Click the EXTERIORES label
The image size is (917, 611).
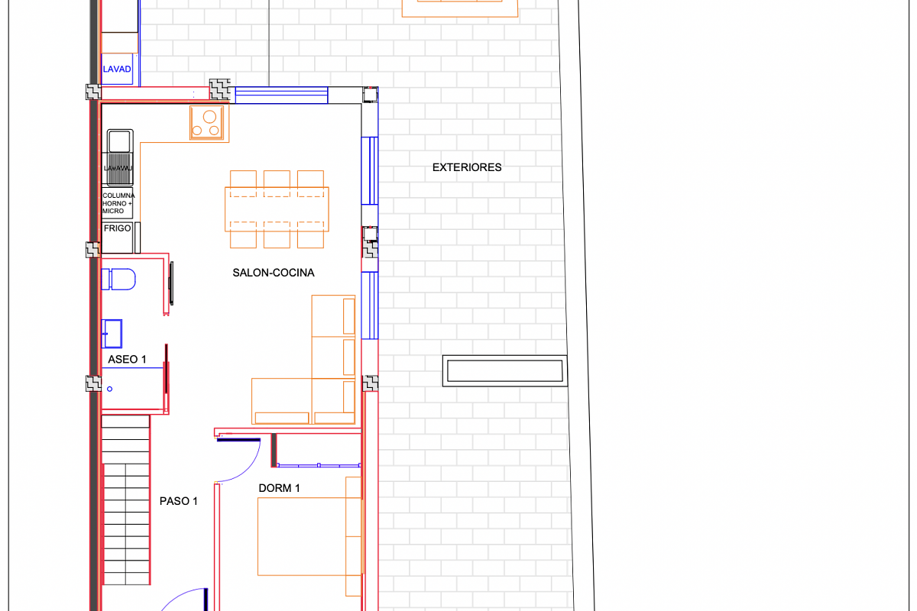point(467,167)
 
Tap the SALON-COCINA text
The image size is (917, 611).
point(274,273)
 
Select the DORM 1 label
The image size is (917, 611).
point(279,488)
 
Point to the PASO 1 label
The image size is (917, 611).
point(179,501)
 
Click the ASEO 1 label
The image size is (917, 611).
point(128,359)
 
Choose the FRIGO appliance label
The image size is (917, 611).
point(117,228)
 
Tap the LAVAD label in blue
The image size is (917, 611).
point(117,70)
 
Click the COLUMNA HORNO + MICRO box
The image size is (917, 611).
point(117,203)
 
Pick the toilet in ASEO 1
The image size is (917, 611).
point(118,280)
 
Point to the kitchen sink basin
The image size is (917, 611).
point(118,141)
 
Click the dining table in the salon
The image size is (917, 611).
point(277,209)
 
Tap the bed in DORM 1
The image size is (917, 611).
point(302,536)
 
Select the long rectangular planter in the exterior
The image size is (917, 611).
point(504,371)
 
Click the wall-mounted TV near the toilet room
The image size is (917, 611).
point(171,283)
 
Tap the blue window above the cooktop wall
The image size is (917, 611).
point(281,95)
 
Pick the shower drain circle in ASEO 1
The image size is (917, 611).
point(109,389)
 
